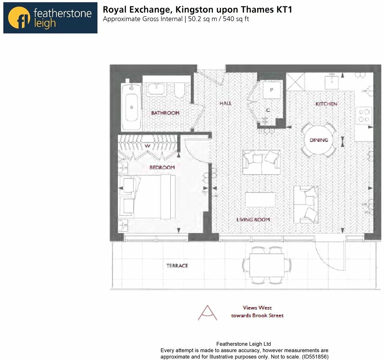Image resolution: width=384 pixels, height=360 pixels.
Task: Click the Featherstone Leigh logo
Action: [x=50, y=18]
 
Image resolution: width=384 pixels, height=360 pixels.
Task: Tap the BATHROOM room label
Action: [x=165, y=113]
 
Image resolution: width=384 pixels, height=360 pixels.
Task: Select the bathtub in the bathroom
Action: [x=131, y=107]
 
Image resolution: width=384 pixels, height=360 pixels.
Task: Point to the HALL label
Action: [x=225, y=103]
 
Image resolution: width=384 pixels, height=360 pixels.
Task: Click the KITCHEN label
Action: [x=326, y=104]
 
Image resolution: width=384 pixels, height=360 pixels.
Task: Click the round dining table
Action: [x=319, y=140]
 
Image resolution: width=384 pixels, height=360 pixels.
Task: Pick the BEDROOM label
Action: [x=162, y=167]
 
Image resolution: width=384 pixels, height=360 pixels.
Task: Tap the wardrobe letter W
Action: [x=147, y=146]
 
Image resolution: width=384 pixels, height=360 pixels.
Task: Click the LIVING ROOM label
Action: [x=253, y=219]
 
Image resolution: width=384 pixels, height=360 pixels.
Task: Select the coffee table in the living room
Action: [x=260, y=200]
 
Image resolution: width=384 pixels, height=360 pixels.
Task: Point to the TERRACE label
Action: [x=177, y=266]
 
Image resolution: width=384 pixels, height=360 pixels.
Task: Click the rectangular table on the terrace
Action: [x=266, y=265]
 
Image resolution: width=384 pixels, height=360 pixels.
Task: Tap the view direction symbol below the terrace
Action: [x=207, y=313]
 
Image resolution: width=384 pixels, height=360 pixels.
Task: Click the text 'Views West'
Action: [x=257, y=308]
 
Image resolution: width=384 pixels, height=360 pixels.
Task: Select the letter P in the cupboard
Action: [x=272, y=90]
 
